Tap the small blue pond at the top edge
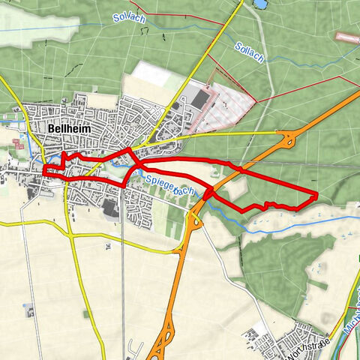(259, 4)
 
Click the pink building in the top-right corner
(346, 35)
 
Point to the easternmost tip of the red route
(316, 196)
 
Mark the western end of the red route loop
(45, 172)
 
